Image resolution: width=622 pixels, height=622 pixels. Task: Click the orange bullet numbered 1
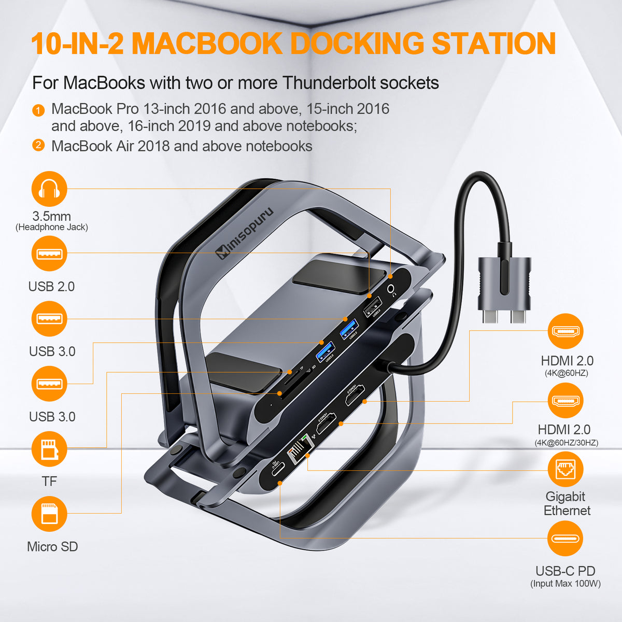point(38,110)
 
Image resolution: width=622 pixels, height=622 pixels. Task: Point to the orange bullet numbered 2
point(38,145)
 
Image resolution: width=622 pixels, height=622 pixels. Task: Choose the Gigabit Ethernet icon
point(565,470)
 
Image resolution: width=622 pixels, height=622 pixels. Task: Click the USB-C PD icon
point(565,539)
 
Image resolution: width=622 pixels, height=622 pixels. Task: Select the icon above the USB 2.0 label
point(49,253)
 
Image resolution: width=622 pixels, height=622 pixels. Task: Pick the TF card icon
point(49,449)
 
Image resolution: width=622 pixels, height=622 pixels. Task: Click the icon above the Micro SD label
point(49,514)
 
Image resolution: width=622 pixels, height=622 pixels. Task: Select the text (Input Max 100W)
point(565,584)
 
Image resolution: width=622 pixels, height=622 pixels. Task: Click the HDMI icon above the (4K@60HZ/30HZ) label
point(565,401)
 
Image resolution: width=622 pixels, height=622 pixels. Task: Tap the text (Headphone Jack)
point(52,227)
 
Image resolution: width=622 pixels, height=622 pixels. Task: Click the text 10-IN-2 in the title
point(78,44)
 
